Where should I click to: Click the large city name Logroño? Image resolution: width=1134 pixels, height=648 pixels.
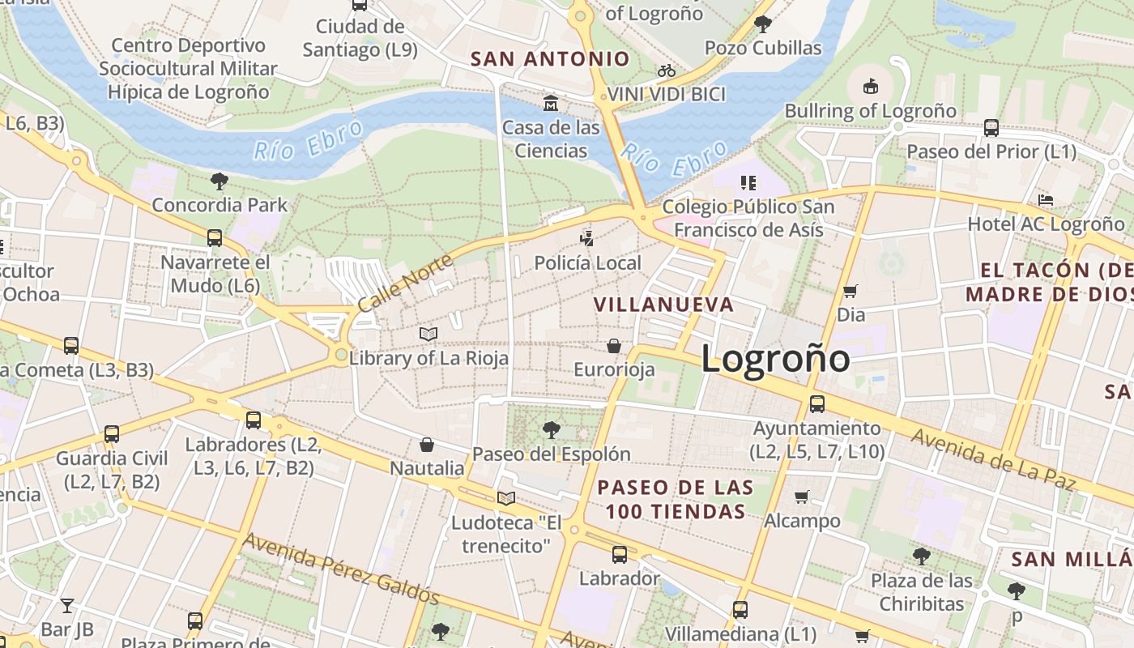775,359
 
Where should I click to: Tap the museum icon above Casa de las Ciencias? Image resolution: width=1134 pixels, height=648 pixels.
551,103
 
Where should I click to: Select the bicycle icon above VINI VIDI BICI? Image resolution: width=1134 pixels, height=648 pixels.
667,70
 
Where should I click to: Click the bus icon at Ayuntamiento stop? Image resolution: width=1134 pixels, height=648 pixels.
817,403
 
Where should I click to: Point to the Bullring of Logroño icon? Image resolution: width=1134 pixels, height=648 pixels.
871,85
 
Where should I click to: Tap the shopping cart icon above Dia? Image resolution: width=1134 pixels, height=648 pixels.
850,290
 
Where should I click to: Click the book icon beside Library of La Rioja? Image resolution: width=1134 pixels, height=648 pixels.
428,334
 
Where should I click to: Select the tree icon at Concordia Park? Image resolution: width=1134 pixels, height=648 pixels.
219,181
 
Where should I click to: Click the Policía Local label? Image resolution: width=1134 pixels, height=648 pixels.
587,263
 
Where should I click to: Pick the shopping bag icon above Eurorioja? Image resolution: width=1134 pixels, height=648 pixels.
614,346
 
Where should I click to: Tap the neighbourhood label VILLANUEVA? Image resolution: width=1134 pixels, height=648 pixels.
664,305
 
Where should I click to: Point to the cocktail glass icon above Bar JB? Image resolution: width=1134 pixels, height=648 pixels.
67,605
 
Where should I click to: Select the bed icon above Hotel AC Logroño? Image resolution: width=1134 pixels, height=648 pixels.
1046,199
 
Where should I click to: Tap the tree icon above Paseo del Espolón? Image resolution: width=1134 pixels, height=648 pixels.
552,429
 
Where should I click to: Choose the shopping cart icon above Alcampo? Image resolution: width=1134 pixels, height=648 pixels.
802,497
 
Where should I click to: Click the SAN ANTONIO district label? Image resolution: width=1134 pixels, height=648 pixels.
550,58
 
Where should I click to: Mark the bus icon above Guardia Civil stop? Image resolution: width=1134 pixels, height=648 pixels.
112,434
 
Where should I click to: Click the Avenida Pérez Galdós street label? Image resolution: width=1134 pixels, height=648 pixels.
341,569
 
